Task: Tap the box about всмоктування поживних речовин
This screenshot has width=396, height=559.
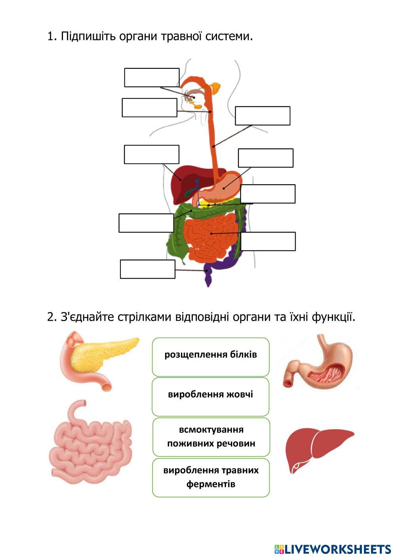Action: coord(211,437)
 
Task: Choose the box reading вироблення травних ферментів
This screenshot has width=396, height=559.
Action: coord(211,477)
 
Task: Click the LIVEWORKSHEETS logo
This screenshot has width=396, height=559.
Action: coord(333,549)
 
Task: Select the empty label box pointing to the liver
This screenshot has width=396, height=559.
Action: coord(151,154)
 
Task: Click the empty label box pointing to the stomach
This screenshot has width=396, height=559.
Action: coord(265,158)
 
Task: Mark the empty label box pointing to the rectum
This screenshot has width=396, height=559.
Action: coord(147,269)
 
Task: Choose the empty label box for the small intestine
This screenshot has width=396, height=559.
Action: coord(268,241)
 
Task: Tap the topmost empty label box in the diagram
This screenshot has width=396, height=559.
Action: coord(152,77)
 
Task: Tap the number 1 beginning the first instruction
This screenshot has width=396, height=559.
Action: coord(50,37)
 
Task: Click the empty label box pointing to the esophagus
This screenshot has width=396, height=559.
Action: coord(262,115)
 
